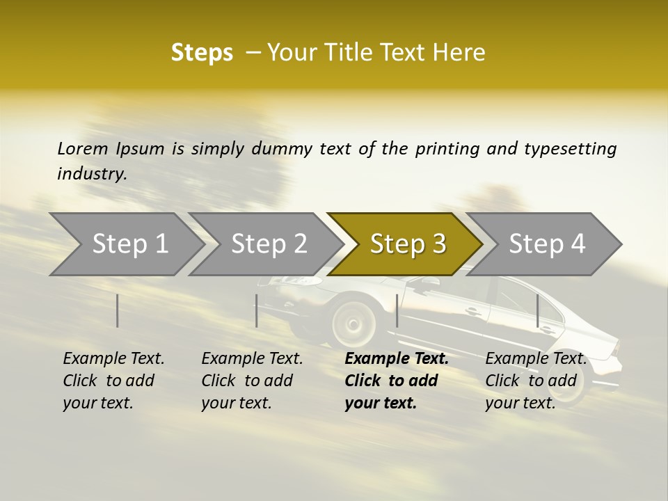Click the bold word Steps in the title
202,53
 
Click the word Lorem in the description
82,148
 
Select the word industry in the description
92,173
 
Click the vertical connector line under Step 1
118,310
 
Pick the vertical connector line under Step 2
257,310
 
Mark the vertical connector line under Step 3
397,310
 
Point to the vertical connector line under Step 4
538,310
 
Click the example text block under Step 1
113,381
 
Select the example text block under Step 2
252,381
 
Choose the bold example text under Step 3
396,381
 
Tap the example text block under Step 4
535,381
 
